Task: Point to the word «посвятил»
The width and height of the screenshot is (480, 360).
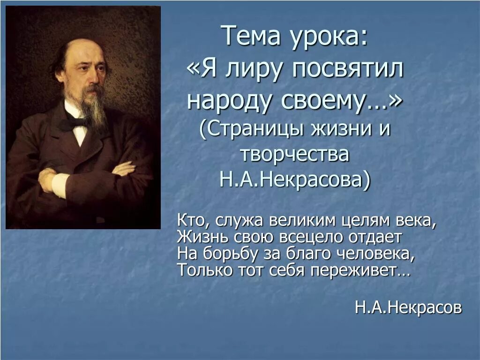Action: [x=348, y=70]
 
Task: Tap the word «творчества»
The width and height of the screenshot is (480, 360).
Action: [x=295, y=154]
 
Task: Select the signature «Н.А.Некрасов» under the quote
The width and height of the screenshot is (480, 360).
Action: [x=408, y=307]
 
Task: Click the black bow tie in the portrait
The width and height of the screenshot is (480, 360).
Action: [x=75, y=123]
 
